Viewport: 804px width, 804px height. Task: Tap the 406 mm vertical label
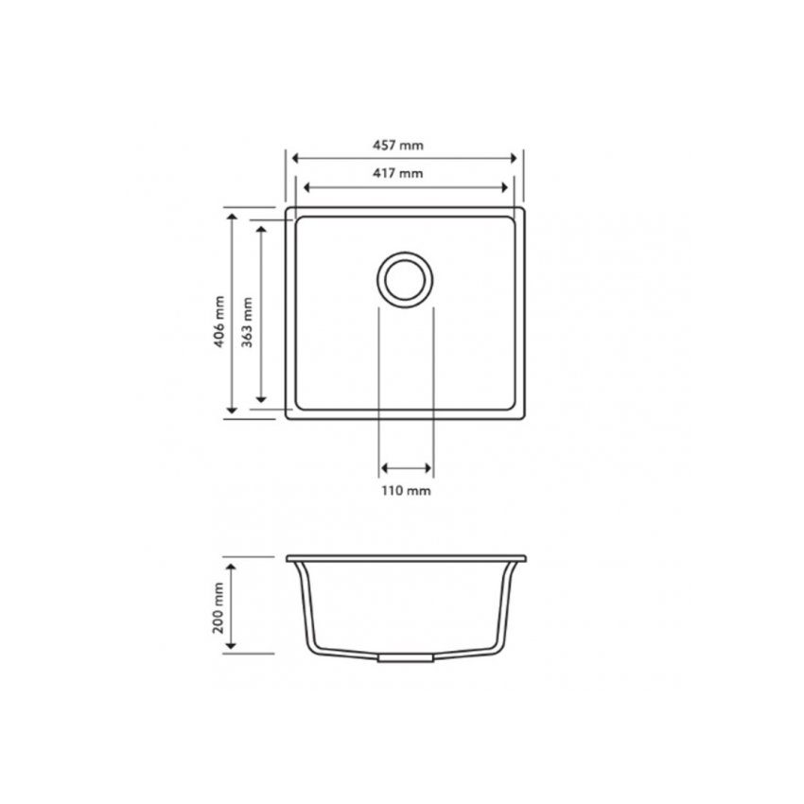218,322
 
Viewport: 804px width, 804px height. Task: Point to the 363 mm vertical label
248,322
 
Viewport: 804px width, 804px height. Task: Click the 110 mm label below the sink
407,491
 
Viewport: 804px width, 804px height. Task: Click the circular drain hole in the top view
406,279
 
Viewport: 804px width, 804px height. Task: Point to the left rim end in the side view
288,558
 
